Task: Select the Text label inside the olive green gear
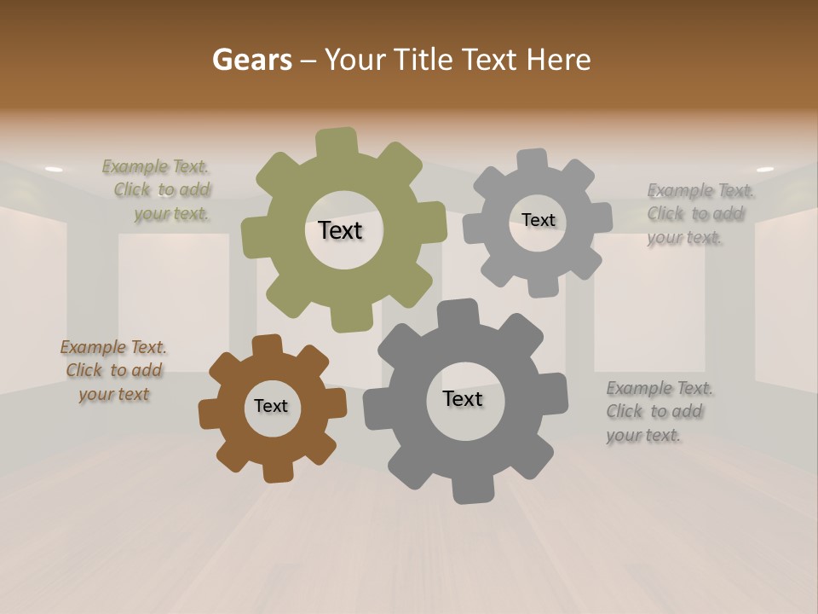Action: click(x=340, y=230)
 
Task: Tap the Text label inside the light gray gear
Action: click(x=538, y=220)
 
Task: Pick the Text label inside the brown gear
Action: click(x=271, y=406)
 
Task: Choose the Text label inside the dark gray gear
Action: click(x=462, y=398)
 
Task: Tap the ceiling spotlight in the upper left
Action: click(x=54, y=169)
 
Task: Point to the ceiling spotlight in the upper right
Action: click(x=764, y=169)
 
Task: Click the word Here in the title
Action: click(x=559, y=60)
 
